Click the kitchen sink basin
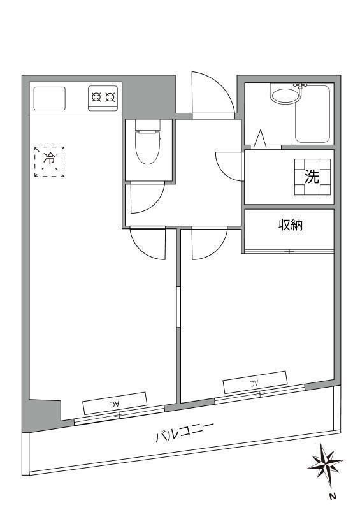pyautogui.click(x=50, y=99)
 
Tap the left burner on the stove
pyautogui.click(x=96, y=97)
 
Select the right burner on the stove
pyautogui.click(x=110, y=97)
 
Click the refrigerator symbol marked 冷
pyautogui.click(x=50, y=162)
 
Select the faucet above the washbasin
pyautogui.click(x=301, y=85)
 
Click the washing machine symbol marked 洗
pyautogui.click(x=312, y=177)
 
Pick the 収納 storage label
pyautogui.click(x=291, y=225)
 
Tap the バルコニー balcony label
pyautogui.click(x=184, y=433)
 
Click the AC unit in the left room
pyautogui.click(x=115, y=404)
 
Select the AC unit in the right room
pyautogui.click(x=256, y=382)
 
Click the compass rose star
pyautogui.click(x=325, y=462)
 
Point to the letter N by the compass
pyautogui.click(x=332, y=497)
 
